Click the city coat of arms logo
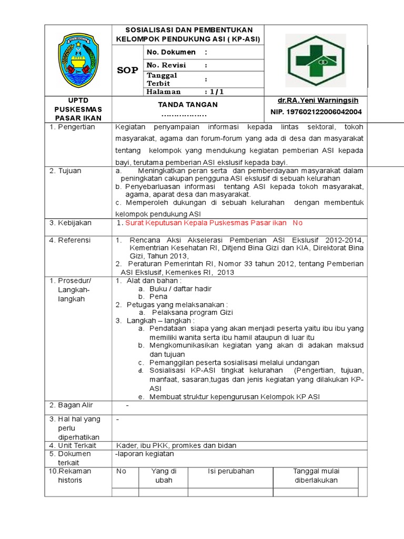pyautogui.click(x=79, y=60)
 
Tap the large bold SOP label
pyautogui.click(x=127, y=71)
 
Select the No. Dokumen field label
pyautogui.click(x=171, y=52)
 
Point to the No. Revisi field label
pyautogui.click(x=167, y=65)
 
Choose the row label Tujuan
pyautogui.click(x=67, y=171)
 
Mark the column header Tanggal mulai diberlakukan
pyautogui.click(x=315, y=475)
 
